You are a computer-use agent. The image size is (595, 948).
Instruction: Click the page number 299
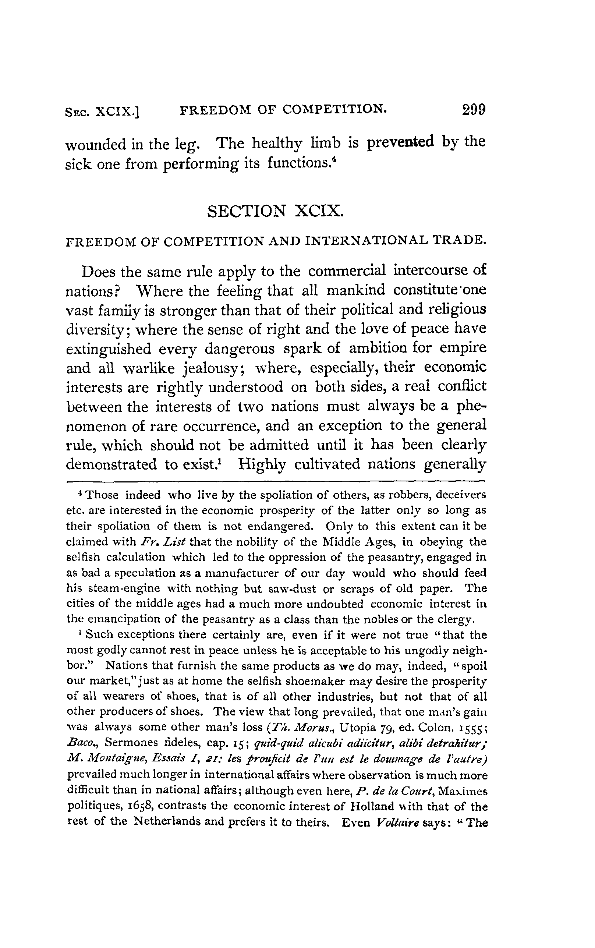tap(474, 109)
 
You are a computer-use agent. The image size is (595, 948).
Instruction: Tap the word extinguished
tap(109, 349)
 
